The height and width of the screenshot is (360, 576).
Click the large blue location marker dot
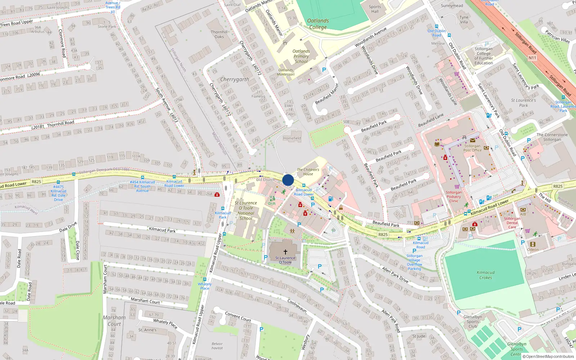[288, 180]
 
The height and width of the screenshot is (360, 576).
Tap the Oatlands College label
[318, 24]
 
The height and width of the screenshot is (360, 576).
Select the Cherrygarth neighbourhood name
[234, 79]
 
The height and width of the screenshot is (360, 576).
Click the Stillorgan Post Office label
[472, 148]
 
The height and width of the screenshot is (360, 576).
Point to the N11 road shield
[532, 58]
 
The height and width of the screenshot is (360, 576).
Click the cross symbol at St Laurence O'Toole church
[285, 252]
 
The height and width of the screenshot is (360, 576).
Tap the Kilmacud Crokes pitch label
[485, 275]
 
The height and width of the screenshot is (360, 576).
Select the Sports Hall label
[375, 9]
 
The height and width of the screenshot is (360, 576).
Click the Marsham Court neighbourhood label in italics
[114, 320]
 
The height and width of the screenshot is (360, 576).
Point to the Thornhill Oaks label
[219, 34]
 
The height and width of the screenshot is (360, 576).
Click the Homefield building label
[292, 138]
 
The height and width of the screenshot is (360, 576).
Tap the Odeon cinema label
[533, 249]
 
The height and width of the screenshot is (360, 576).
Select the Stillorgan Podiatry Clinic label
[454, 197]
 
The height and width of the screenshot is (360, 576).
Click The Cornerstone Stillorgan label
[552, 137]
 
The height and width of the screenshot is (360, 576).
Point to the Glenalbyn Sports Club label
[473, 321]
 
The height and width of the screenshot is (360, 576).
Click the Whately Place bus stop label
[204, 286]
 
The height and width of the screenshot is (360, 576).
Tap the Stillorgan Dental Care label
[512, 223]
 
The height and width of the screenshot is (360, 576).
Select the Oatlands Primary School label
[301, 57]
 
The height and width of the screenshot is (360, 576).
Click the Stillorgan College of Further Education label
[483, 56]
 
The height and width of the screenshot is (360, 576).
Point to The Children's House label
[308, 172]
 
